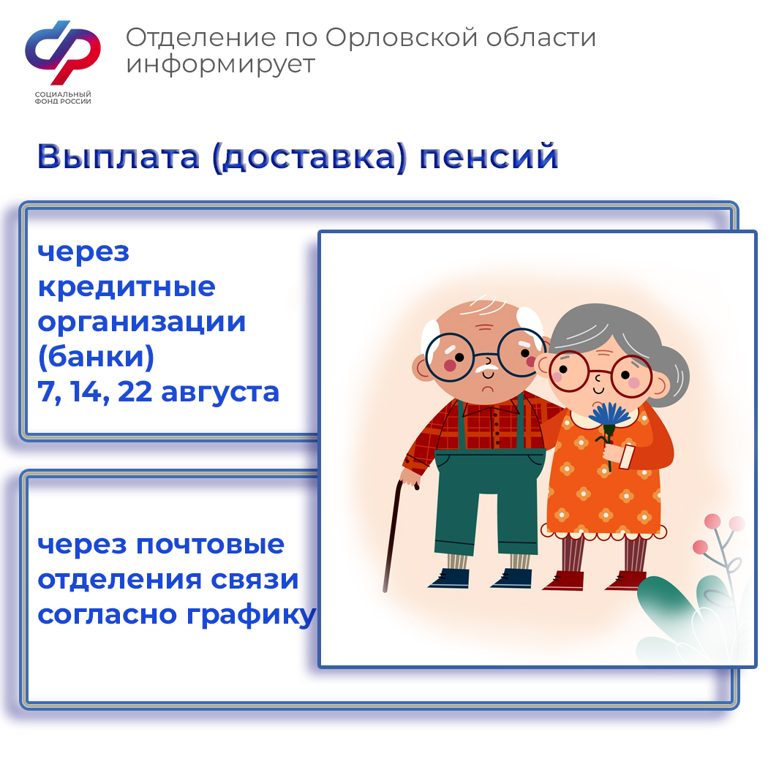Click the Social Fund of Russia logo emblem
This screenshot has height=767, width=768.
pyautogui.click(x=63, y=52)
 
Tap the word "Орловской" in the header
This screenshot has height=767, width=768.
pyautogui.click(x=401, y=37)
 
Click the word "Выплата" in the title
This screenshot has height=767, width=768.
pyautogui.click(x=118, y=156)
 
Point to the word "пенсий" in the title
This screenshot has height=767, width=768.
pyautogui.click(x=489, y=156)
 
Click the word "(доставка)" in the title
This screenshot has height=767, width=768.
pyautogui.click(x=309, y=158)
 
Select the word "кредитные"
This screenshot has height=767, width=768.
pyautogui.click(x=127, y=287)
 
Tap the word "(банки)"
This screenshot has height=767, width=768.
pyautogui.click(x=96, y=356)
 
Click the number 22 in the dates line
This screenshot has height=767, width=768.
pyautogui.click(x=135, y=392)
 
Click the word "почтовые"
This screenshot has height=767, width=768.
pyautogui.click(x=210, y=545)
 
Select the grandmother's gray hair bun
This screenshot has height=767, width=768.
pyautogui.click(x=674, y=376)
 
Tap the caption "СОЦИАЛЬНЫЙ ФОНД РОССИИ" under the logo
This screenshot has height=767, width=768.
pyautogui.click(x=63, y=97)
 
